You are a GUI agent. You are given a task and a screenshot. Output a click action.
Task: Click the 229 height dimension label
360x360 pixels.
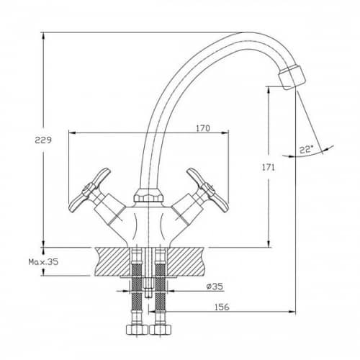(43, 140)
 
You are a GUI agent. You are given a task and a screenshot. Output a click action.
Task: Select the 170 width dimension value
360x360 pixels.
(203, 128)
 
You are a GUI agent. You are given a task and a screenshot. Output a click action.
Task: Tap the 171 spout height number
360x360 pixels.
(268, 168)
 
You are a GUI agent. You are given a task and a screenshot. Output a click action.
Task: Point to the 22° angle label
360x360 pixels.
(305, 150)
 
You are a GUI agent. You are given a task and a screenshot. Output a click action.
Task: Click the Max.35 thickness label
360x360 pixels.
(43, 262)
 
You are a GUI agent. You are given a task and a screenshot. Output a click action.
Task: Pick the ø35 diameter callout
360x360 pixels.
(215, 287)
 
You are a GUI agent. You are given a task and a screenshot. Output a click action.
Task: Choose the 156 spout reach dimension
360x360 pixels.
(222, 307)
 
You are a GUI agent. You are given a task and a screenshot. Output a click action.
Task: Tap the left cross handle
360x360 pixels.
(89, 190)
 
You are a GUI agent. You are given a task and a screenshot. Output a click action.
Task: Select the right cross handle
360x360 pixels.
(207, 190)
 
